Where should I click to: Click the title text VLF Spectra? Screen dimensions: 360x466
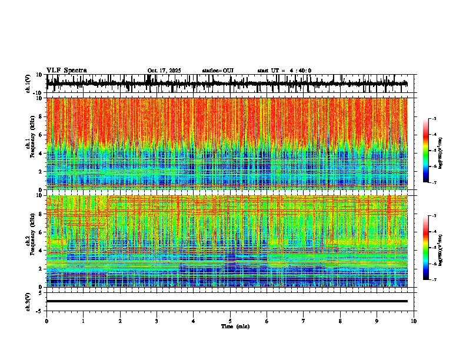coord(66,70)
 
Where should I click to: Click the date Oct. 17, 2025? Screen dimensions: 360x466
coord(164,71)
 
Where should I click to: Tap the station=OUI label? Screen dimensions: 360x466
coord(218,71)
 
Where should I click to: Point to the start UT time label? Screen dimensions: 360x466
coord(284,71)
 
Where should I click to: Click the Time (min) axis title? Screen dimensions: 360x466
coord(235,326)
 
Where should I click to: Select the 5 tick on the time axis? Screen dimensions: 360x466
coord(230,321)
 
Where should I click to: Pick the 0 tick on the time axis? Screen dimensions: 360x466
coord(46,321)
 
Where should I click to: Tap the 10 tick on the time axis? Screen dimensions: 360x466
coord(414,321)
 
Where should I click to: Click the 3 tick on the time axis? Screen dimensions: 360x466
coord(157,321)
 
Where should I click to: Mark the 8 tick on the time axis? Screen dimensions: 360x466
coord(340,321)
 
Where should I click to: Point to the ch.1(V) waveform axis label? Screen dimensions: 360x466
coord(29,84)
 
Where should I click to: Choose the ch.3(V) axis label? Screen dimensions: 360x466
coord(29,301)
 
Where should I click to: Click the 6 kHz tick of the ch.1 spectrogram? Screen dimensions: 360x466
coord(42,135)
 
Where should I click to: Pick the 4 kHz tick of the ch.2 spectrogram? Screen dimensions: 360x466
coord(42,250)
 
